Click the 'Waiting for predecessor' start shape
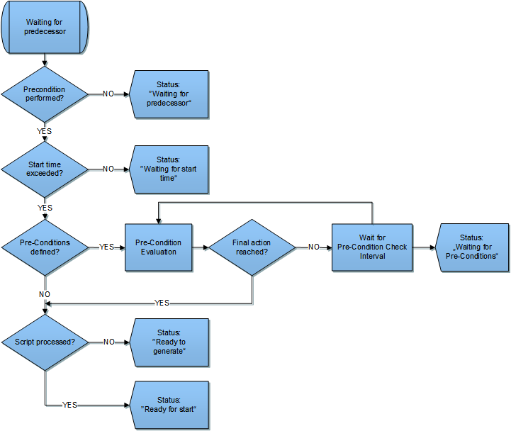45,27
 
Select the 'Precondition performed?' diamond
45,94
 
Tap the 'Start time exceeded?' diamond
45,169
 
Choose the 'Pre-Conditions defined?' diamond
45,247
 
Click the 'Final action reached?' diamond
252,247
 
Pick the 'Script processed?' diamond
45,342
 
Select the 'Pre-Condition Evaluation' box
158,247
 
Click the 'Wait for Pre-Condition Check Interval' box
372,247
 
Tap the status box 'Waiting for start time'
169,169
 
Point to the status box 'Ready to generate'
169,342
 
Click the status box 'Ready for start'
169,405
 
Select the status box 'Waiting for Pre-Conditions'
472,247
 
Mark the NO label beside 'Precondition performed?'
108,94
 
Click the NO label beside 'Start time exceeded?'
108,169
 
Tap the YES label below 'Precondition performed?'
45,131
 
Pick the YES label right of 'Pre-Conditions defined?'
106,247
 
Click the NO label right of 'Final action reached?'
314,247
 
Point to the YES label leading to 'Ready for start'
69,405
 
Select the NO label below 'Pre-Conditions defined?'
45,294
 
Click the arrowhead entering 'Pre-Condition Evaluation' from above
158,221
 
